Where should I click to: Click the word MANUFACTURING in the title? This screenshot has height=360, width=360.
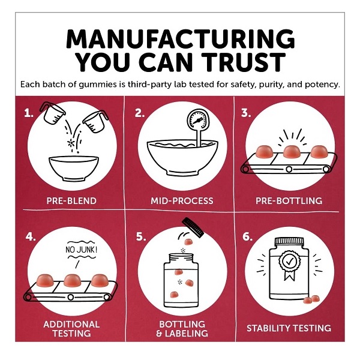click(180, 39)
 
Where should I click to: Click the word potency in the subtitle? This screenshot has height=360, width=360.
click(322, 85)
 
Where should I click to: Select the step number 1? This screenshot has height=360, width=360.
click(29, 113)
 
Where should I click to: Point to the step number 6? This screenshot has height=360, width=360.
click(247, 236)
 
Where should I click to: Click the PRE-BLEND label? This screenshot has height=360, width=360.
click(71, 201)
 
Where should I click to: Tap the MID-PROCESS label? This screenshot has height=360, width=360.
click(182, 201)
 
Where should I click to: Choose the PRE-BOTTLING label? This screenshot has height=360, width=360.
click(289, 201)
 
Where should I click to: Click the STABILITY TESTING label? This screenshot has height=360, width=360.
click(289, 328)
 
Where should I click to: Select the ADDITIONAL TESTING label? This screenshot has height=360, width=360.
click(71, 329)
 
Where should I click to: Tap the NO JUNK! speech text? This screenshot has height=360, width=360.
click(81, 250)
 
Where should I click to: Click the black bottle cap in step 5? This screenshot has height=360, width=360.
click(193, 227)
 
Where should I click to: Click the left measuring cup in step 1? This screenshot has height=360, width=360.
click(52, 113)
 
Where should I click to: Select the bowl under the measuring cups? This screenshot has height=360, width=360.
click(74, 168)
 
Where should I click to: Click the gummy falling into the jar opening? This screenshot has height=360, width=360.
click(189, 242)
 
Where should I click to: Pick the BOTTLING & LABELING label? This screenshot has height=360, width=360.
click(182, 329)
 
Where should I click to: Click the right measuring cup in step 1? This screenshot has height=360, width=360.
click(95, 121)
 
